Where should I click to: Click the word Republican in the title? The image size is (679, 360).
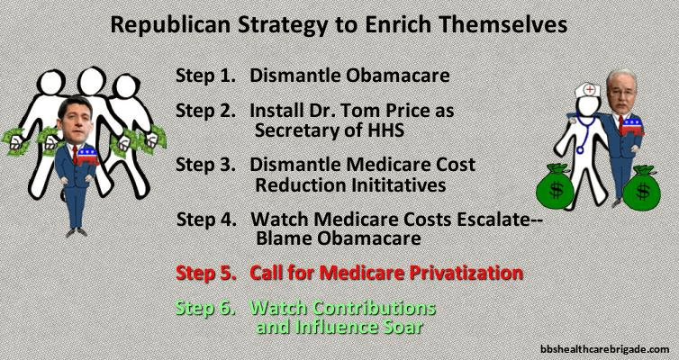pos(170,24)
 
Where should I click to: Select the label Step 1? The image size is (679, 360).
pos(205,76)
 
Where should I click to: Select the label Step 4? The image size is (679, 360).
pos(206,220)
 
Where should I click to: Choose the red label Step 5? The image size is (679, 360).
pos(205,273)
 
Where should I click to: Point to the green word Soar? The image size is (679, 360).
pos(402,327)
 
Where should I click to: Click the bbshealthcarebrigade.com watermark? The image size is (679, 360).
pos(605,349)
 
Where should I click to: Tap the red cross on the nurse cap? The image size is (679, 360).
pos(589,90)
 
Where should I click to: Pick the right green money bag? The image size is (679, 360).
pos(642,188)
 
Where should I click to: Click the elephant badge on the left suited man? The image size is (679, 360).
pos(87,156)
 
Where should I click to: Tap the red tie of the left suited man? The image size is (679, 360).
pos(75,154)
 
